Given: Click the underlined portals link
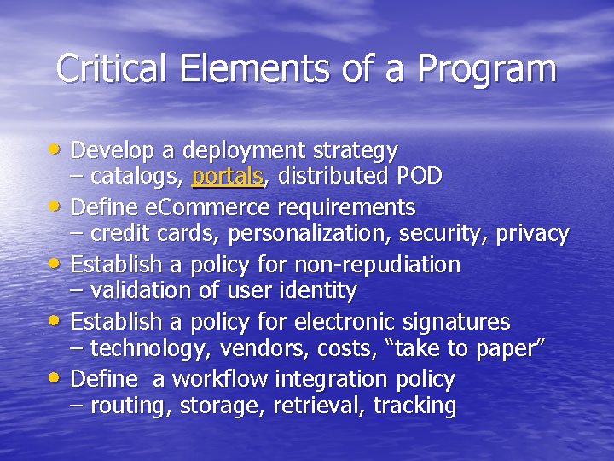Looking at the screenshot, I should click(228, 177).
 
